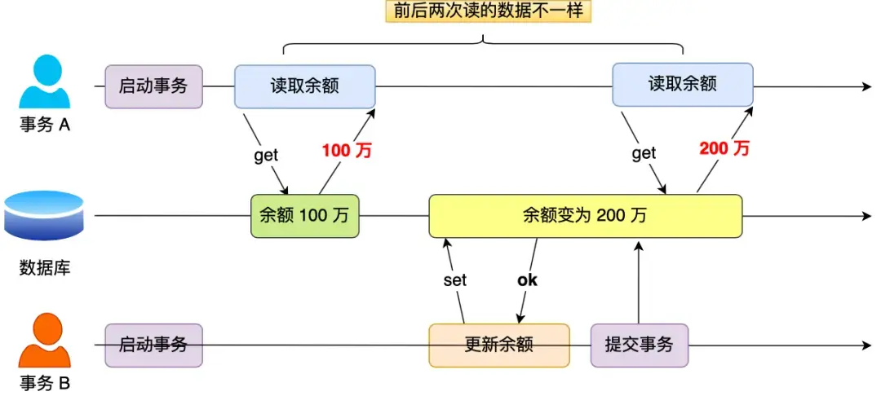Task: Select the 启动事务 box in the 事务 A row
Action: click(153, 86)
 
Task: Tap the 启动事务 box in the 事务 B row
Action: click(153, 345)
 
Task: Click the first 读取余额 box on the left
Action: click(304, 86)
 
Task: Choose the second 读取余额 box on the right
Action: click(682, 85)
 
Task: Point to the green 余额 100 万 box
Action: click(304, 216)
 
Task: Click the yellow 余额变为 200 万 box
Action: click(585, 216)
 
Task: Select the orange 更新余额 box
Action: click(498, 345)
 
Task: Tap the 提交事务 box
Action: click(639, 345)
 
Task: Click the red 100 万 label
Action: click(346, 150)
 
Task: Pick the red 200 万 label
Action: click(724, 148)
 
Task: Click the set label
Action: click(454, 280)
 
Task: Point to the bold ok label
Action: click(528, 280)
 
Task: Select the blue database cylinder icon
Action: click(45, 215)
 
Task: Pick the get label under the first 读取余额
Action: click(266, 156)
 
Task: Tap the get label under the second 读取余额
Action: click(644, 153)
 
